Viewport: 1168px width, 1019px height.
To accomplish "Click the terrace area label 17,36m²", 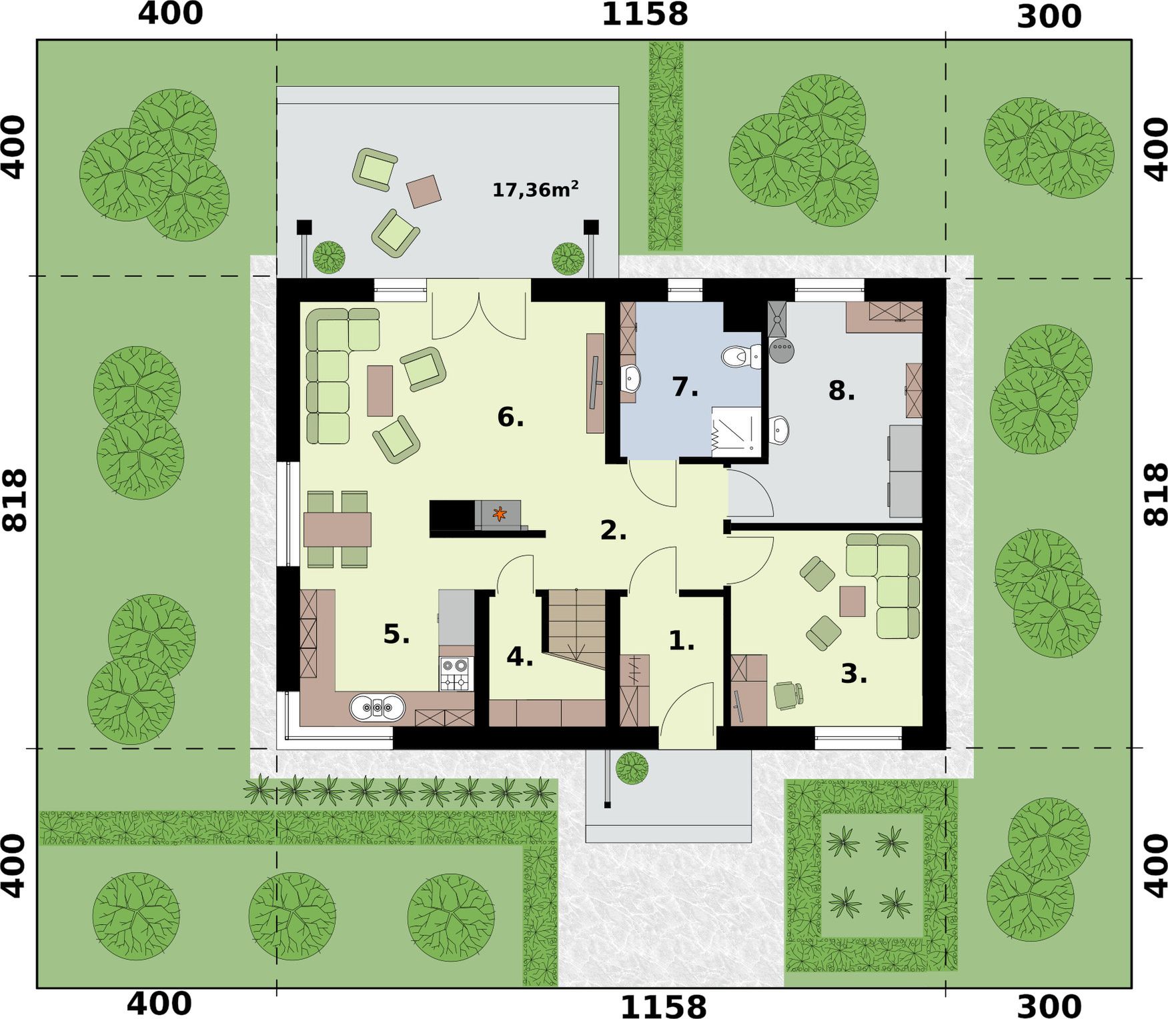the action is (x=535, y=189).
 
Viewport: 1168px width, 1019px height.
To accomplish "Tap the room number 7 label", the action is (x=684, y=387).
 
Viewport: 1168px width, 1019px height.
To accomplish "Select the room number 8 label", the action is (x=841, y=391).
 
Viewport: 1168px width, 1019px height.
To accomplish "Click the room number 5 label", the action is (x=396, y=634).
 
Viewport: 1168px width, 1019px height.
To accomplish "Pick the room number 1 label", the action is (x=682, y=641).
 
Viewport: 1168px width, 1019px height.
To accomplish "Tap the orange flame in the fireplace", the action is (x=499, y=514).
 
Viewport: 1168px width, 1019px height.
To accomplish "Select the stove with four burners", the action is (x=456, y=674).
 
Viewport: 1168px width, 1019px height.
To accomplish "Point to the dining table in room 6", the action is (x=338, y=530).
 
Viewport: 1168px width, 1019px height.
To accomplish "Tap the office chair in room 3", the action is (x=788, y=695).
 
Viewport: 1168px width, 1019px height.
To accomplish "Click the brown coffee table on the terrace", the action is (x=424, y=191).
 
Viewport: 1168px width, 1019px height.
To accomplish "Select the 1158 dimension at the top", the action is (x=644, y=15).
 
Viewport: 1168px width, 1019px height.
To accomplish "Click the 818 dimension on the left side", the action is (x=15, y=500).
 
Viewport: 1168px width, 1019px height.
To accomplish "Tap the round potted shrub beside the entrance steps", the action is (x=631, y=768).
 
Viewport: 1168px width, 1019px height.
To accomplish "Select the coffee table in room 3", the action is (x=852, y=601).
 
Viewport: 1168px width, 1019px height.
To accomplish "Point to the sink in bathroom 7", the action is (x=630, y=379).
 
